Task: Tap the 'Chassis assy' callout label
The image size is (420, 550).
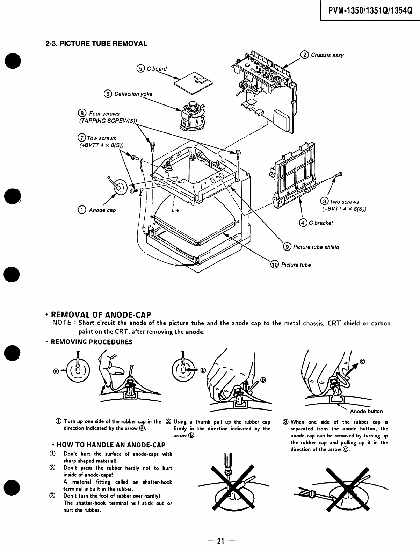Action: point(327,55)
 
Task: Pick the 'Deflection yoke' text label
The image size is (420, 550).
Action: point(133,94)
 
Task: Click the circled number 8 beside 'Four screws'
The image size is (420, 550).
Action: point(82,113)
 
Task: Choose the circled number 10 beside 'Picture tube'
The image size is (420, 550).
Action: point(275,265)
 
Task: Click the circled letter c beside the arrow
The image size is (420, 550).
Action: point(362,362)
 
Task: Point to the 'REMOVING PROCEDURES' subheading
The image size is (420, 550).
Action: point(92,342)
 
